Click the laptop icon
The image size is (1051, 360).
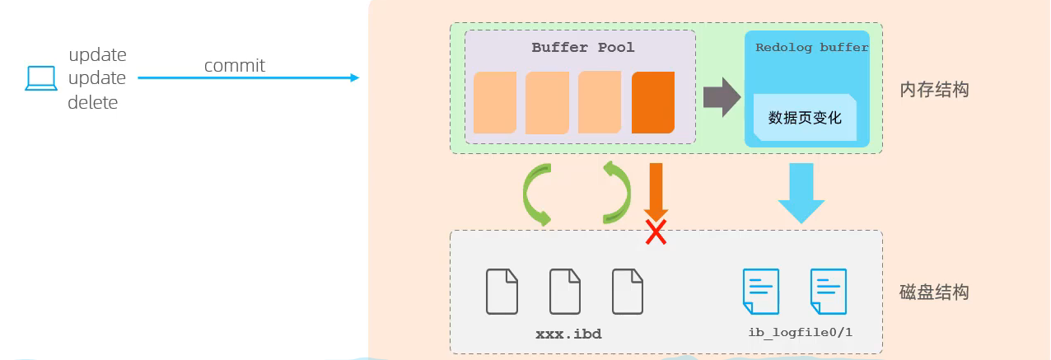(41, 78)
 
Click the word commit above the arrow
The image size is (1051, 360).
(235, 65)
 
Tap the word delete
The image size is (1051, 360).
(92, 102)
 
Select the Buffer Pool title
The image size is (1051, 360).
(583, 47)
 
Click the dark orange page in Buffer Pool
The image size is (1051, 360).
(653, 103)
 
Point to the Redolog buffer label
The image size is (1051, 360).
(811, 48)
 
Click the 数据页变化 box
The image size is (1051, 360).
(805, 118)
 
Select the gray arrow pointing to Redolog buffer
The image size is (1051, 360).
(721, 97)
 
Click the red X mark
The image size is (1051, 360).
(656, 232)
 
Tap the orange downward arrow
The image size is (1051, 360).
(656, 188)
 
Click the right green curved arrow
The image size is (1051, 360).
(617, 192)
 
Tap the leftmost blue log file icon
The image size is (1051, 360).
(760, 291)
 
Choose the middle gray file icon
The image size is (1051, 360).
(565, 291)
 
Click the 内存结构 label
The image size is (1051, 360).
(934, 89)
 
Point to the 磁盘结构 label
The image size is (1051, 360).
(934, 292)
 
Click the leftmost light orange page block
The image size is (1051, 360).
(495, 102)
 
